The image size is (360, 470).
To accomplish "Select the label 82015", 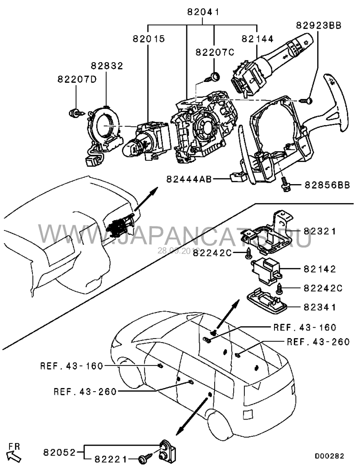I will point(148,39).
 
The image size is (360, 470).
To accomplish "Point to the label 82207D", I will point(77,79).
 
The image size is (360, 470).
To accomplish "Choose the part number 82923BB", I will point(318,25).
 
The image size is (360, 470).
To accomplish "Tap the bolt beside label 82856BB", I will point(285,184).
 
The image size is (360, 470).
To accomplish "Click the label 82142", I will point(319,269).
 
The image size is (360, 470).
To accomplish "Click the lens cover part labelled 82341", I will point(267,300).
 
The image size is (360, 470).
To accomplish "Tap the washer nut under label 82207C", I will point(215,76).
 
